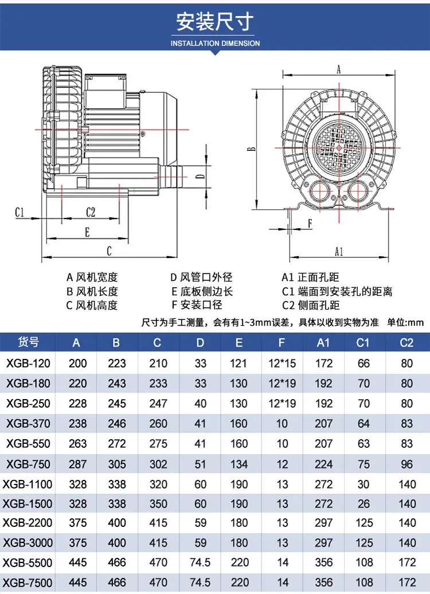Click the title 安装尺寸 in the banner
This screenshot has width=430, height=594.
point(215,22)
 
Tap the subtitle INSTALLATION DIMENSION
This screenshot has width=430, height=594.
point(215,43)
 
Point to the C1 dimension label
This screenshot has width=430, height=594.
point(19,213)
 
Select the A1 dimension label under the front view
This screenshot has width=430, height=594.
point(339,251)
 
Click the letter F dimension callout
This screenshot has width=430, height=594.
point(310,224)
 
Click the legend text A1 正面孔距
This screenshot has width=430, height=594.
point(310,278)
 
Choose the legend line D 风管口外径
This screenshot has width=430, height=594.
point(201,278)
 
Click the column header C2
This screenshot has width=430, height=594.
point(406,343)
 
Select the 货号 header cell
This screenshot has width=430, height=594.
point(28,342)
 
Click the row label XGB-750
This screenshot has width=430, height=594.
point(28,464)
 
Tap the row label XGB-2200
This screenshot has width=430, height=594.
point(28,523)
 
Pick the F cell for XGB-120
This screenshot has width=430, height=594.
point(282,364)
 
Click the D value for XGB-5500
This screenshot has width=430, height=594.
point(201,562)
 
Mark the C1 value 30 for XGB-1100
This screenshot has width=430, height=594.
point(363,484)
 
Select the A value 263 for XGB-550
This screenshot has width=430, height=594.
point(77,444)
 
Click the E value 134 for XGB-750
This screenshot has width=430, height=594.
point(239,464)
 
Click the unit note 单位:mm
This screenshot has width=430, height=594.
point(405,322)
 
